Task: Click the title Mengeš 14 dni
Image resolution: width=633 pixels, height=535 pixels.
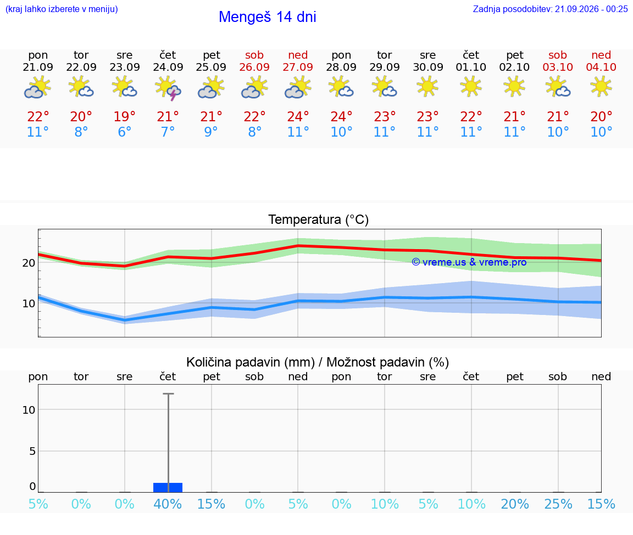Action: pos(267,17)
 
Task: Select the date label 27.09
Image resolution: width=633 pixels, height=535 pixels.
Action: pos(298,67)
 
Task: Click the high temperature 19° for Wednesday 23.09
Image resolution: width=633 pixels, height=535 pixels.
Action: pos(124,116)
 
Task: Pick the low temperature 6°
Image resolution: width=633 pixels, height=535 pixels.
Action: pos(124,132)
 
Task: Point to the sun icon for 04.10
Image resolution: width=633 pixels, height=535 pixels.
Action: pos(601,87)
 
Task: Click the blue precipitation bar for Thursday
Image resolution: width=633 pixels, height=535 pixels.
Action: pos(168,487)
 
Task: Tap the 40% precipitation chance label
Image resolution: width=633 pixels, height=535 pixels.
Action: pos(168,504)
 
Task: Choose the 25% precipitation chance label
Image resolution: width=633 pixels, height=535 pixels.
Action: pos(558,504)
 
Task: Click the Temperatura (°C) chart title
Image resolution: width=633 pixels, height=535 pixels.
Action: pos(319,219)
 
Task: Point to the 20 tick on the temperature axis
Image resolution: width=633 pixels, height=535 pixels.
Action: pos(29,263)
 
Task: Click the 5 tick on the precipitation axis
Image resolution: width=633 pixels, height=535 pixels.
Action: pos(32,450)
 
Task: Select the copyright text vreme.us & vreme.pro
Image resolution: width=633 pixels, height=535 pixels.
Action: pos(469,262)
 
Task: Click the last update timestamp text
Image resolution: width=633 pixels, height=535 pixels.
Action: pos(550,9)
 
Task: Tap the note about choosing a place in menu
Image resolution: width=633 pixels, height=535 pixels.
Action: pos(62,9)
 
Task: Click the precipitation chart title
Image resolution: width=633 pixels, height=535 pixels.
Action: pos(318,362)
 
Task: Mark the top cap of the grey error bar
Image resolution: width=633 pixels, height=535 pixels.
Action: pos(168,393)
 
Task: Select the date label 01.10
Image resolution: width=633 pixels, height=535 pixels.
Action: pos(471,67)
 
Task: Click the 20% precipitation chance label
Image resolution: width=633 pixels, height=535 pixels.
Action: pos(515,504)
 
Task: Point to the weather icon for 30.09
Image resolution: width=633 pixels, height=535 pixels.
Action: pos(427,87)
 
